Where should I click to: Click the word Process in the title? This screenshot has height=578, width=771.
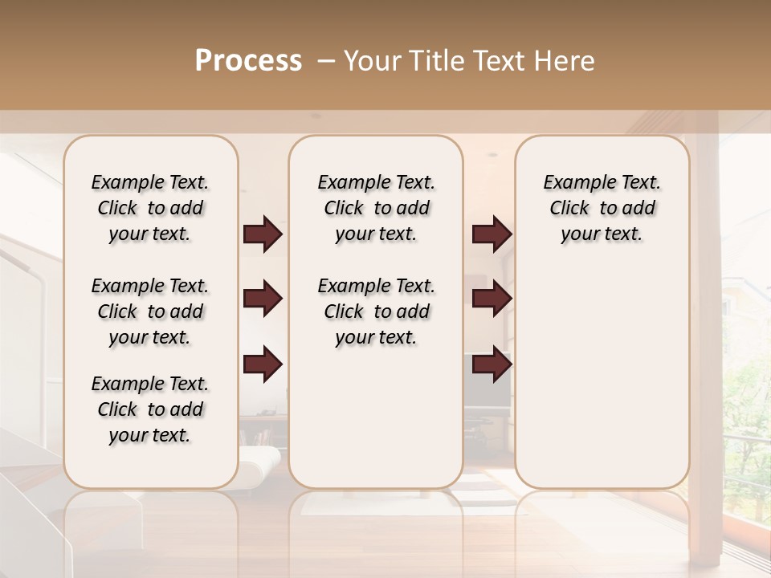pyautogui.click(x=248, y=61)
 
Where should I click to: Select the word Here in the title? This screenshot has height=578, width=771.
pyautogui.click(x=565, y=61)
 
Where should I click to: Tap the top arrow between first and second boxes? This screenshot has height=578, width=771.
pyautogui.click(x=263, y=234)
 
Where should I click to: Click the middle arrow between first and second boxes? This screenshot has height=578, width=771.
pyautogui.click(x=263, y=299)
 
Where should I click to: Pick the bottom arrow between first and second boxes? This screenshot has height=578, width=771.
pyautogui.click(x=263, y=364)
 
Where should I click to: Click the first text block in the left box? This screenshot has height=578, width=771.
pyautogui.click(x=150, y=208)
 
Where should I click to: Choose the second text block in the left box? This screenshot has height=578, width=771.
pyautogui.click(x=150, y=311)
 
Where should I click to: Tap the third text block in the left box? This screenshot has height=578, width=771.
pyautogui.click(x=150, y=409)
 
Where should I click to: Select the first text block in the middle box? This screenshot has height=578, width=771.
pyautogui.click(x=376, y=208)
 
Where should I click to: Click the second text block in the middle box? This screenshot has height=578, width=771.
pyautogui.click(x=376, y=311)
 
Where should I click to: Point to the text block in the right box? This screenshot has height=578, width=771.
pyautogui.click(x=602, y=208)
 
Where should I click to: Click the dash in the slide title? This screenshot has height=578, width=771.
pyautogui.click(x=326, y=61)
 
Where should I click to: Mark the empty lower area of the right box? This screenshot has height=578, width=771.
pyautogui.click(x=602, y=377)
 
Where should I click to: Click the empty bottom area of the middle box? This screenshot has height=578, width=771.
pyautogui.click(x=376, y=425)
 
